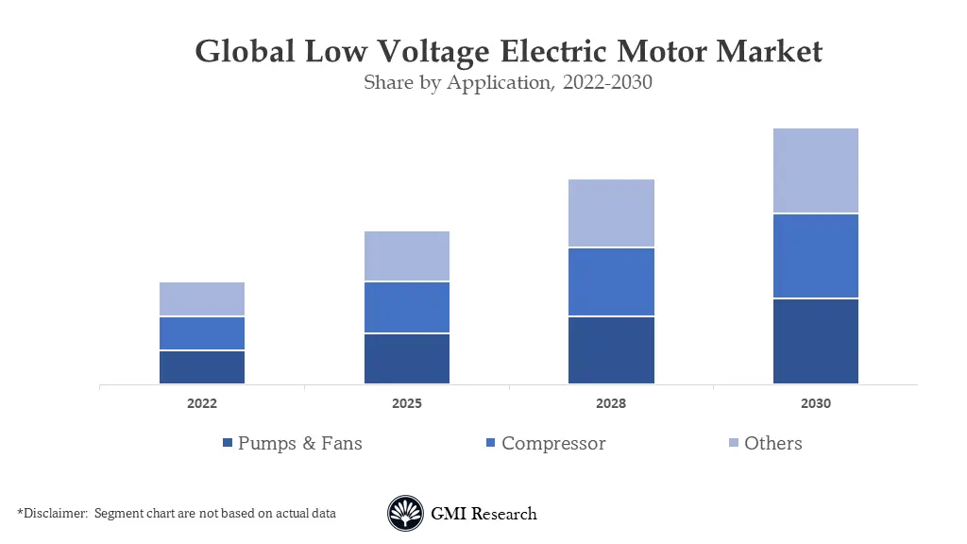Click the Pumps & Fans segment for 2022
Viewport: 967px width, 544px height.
202,367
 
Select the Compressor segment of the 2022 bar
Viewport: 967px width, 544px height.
202,333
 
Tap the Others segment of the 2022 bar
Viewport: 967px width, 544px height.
202,298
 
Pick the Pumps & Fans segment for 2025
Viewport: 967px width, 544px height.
407,359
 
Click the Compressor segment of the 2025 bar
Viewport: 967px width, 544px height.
407,307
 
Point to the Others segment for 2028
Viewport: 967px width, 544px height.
611,213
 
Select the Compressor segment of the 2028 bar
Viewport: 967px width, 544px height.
611,281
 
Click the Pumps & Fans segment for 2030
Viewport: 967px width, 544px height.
816,342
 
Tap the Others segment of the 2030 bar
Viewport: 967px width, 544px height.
816,170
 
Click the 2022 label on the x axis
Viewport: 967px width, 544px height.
202,403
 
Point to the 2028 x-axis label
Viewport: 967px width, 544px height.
611,403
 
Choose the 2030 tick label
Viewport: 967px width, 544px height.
816,403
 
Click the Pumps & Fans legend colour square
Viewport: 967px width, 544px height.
227,444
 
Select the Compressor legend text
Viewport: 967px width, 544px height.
553,443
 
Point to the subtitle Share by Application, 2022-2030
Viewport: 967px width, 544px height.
508,82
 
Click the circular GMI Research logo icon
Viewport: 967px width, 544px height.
405,514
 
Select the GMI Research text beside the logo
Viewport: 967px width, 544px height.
483,514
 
